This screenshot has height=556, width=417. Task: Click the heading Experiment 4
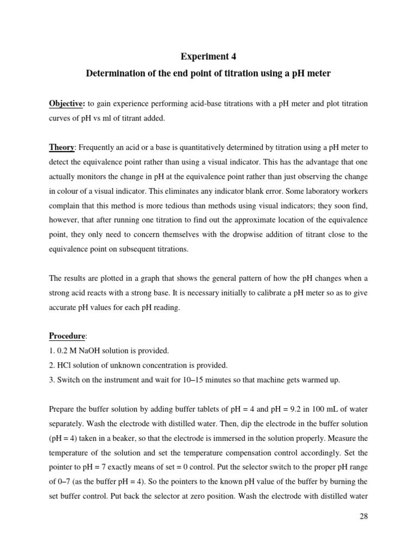coord(208,56)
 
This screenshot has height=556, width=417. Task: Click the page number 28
coord(364,516)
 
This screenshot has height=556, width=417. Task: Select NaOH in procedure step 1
coord(86,350)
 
